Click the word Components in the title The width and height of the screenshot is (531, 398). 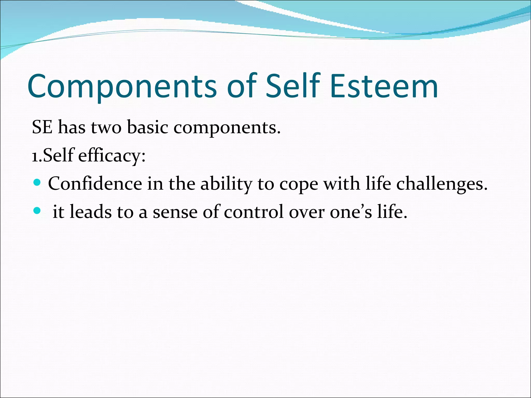click(122, 87)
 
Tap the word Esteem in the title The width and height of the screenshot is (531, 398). click(384, 87)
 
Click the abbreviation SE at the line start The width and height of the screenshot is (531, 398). click(42, 127)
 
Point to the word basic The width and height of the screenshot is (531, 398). click(148, 127)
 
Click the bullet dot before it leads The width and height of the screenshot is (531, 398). click(37, 211)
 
